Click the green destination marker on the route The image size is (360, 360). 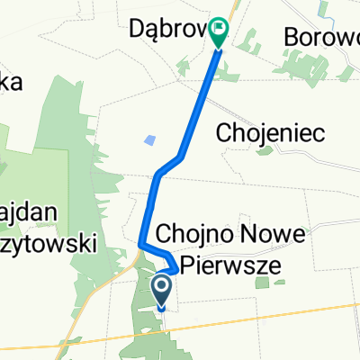pos(219,33)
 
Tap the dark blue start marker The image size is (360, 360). pos(162,291)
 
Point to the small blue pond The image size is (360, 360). pos(148,140)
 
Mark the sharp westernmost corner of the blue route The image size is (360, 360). pos(141,243)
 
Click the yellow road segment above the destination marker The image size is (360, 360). pos(229,9)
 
